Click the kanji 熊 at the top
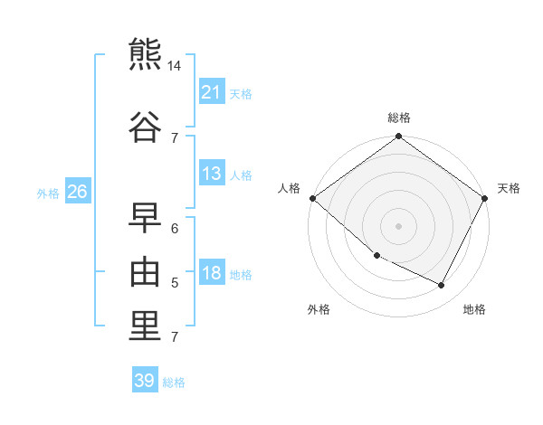point(145,54)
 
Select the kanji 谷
point(145,127)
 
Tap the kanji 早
point(145,218)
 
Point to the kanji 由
point(145,271)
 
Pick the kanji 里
point(145,326)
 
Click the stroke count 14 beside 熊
point(174,66)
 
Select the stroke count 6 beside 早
point(175,229)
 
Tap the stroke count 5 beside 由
point(175,283)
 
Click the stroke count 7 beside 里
point(175,337)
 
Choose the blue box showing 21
point(212,91)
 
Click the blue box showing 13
point(212,173)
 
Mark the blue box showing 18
point(212,271)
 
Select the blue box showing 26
point(78,191)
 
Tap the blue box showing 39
point(145,379)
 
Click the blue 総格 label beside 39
point(174,382)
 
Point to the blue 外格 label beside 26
point(48,194)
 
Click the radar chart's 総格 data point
point(398,136)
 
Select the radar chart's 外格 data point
point(377,256)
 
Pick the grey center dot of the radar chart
point(398,226)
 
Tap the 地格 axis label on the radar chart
point(474,309)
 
